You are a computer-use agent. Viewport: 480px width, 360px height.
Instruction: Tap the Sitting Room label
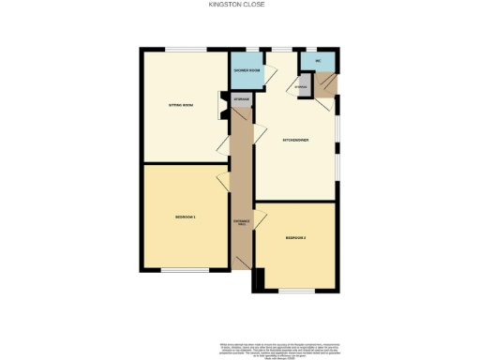pos(180,105)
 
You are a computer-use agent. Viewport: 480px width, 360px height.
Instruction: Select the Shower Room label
pos(246,68)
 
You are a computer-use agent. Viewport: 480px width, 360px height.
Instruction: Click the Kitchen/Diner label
pos(296,141)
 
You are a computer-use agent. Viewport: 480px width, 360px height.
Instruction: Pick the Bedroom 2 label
pos(295,238)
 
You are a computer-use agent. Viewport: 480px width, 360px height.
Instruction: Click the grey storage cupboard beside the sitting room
pos(242,98)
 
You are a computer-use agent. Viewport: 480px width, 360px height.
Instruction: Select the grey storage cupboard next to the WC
pos(300,87)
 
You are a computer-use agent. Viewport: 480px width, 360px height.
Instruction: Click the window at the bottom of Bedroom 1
pos(184,270)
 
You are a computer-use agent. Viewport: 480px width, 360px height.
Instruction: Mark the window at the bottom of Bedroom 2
pos(299,292)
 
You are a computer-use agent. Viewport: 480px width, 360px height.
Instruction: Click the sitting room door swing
pos(223,146)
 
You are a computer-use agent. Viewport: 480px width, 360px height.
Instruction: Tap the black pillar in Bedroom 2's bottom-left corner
pos(259,279)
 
